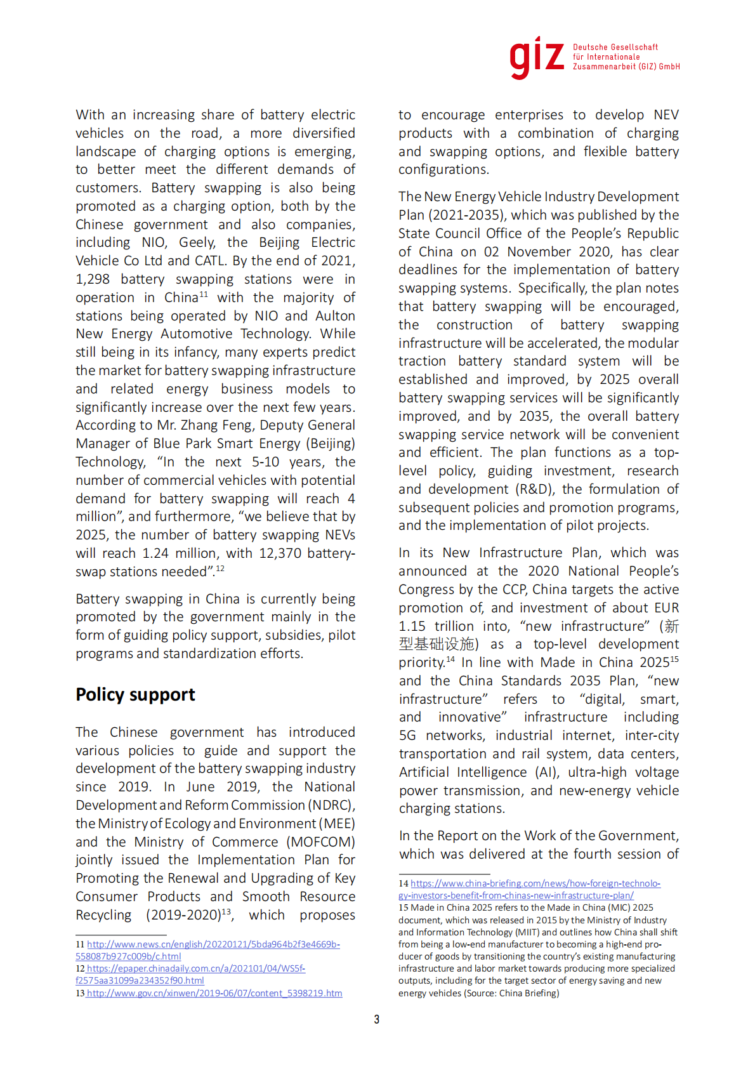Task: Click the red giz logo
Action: pyautogui.click(x=536, y=57)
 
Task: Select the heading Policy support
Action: pyautogui.click(x=135, y=695)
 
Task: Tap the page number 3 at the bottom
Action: pyautogui.click(x=377, y=1019)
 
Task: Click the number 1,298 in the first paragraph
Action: pyautogui.click(x=93, y=279)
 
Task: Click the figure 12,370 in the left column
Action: pyautogui.click(x=280, y=553)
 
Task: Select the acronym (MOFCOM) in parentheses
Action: pyautogui.click(x=320, y=842)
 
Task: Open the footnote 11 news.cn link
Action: pyautogui.click(x=213, y=944)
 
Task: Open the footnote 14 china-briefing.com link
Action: pyautogui.click(x=535, y=883)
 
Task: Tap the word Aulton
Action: pyautogui.click(x=335, y=316)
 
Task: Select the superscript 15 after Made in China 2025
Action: pyautogui.click(x=674, y=659)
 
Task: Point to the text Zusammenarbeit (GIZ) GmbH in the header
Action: pyautogui.click(x=626, y=67)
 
